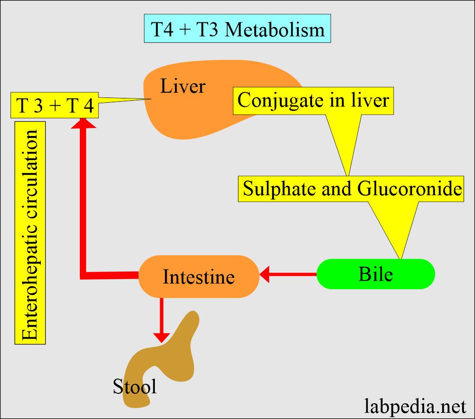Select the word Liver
click(x=182, y=87)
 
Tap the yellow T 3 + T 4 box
click(x=55, y=106)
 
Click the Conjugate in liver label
click(x=313, y=100)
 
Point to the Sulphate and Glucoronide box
click(x=352, y=189)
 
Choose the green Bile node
click(x=375, y=274)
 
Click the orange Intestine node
click(x=199, y=277)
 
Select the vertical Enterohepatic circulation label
click(x=30, y=233)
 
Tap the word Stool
click(x=134, y=387)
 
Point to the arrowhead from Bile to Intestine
click(x=264, y=274)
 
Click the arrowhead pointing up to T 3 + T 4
click(x=83, y=123)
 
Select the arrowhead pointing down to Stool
click(x=162, y=337)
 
